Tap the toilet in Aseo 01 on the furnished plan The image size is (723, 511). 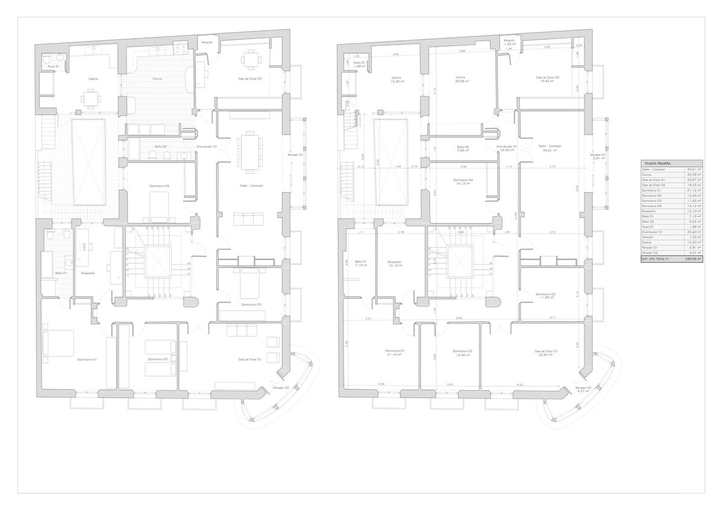48,60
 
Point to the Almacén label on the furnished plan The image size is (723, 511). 207,43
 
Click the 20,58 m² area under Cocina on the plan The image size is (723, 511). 460,81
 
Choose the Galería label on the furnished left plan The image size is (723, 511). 93,78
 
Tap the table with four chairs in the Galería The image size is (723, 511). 90,98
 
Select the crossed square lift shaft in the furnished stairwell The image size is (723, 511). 157,262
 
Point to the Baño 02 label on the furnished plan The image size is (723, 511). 160,146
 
